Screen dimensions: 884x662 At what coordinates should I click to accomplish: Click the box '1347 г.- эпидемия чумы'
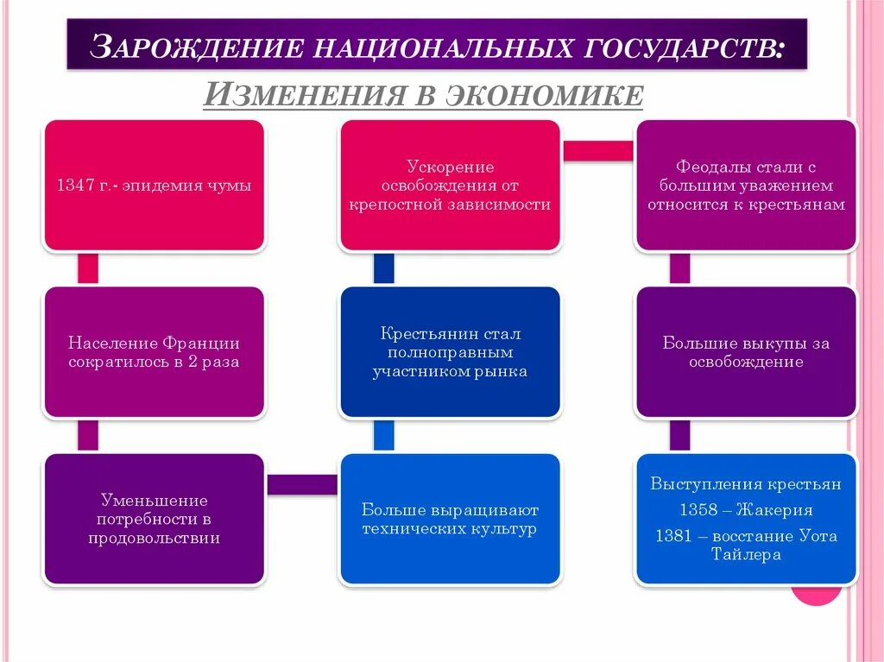coord(154,186)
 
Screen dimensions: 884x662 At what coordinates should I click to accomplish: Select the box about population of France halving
coord(154,352)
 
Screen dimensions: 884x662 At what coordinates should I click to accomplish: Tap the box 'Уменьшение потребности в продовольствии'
coord(154,519)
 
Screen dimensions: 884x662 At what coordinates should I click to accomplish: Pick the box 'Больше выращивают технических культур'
coord(450,519)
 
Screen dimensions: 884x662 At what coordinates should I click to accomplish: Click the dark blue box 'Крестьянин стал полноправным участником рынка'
coord(450,352)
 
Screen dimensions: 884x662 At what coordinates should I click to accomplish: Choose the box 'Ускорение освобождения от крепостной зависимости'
coord(450,186)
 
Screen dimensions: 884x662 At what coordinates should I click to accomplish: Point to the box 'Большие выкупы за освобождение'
coord(746,352)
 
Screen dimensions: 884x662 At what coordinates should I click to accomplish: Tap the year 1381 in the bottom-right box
coord(673,536)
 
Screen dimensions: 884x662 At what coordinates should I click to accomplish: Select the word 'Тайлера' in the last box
coord(746,555)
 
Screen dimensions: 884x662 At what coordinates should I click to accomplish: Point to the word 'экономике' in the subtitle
coord(543,93)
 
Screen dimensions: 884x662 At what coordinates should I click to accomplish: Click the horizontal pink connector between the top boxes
coord(597,150)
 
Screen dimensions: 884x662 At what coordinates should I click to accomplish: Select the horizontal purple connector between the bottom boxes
coord(301,485)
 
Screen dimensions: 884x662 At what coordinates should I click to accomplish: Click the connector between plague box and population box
coord(87,268)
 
